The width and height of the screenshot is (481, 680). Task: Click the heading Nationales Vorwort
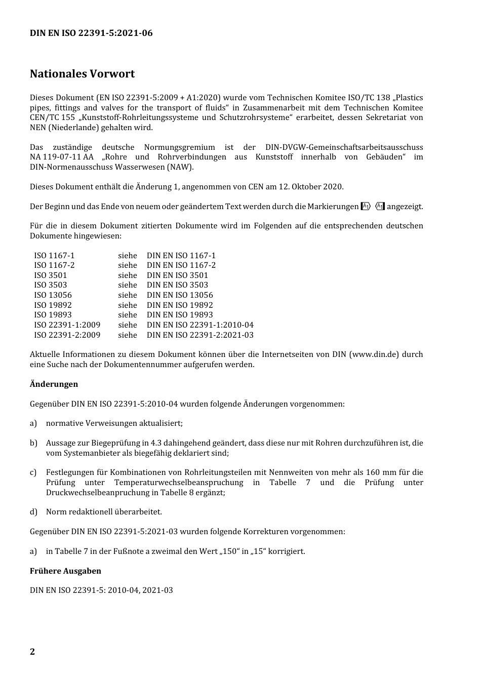[82, 74]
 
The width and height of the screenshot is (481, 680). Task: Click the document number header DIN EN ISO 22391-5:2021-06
[91, 33]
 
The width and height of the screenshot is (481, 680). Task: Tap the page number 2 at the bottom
[32, 652]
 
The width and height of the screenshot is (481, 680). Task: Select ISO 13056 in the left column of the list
[53, 295]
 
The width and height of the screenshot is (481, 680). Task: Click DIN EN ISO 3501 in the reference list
[177, 275]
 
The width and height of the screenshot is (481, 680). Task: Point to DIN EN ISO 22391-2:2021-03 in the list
[200, 335]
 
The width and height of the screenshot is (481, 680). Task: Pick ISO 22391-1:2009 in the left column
[67, 325]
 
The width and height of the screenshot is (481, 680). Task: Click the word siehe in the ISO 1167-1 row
[127, 256]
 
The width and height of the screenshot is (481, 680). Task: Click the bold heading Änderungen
[54, 384]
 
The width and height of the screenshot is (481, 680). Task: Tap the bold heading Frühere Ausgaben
[65, 571]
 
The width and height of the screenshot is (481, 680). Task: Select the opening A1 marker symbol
[366, 206]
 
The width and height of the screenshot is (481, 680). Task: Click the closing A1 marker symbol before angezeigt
[380, 206]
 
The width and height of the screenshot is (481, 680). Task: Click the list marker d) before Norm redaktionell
[33, 512]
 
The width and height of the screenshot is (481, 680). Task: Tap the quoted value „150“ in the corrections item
[230, 551]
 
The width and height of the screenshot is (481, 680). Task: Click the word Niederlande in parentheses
[74, 128]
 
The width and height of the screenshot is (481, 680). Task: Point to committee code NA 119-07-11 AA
[61, 157]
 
